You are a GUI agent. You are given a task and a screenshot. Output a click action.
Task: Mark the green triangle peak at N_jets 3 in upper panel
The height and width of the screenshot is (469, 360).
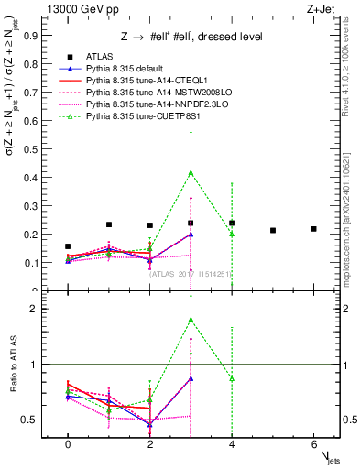[191, 172]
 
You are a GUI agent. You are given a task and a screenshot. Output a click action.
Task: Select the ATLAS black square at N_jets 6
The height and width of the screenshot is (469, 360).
[313, 228]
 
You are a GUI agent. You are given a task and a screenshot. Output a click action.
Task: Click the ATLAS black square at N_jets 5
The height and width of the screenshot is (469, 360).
[273, 230]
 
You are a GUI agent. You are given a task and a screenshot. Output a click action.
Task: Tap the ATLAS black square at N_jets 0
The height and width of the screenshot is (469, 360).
[68, 246]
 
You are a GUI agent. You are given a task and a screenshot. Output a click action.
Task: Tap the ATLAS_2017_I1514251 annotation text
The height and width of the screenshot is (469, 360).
[191, 273]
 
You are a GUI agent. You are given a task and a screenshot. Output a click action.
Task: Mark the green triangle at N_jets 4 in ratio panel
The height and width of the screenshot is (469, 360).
[232, 378]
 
